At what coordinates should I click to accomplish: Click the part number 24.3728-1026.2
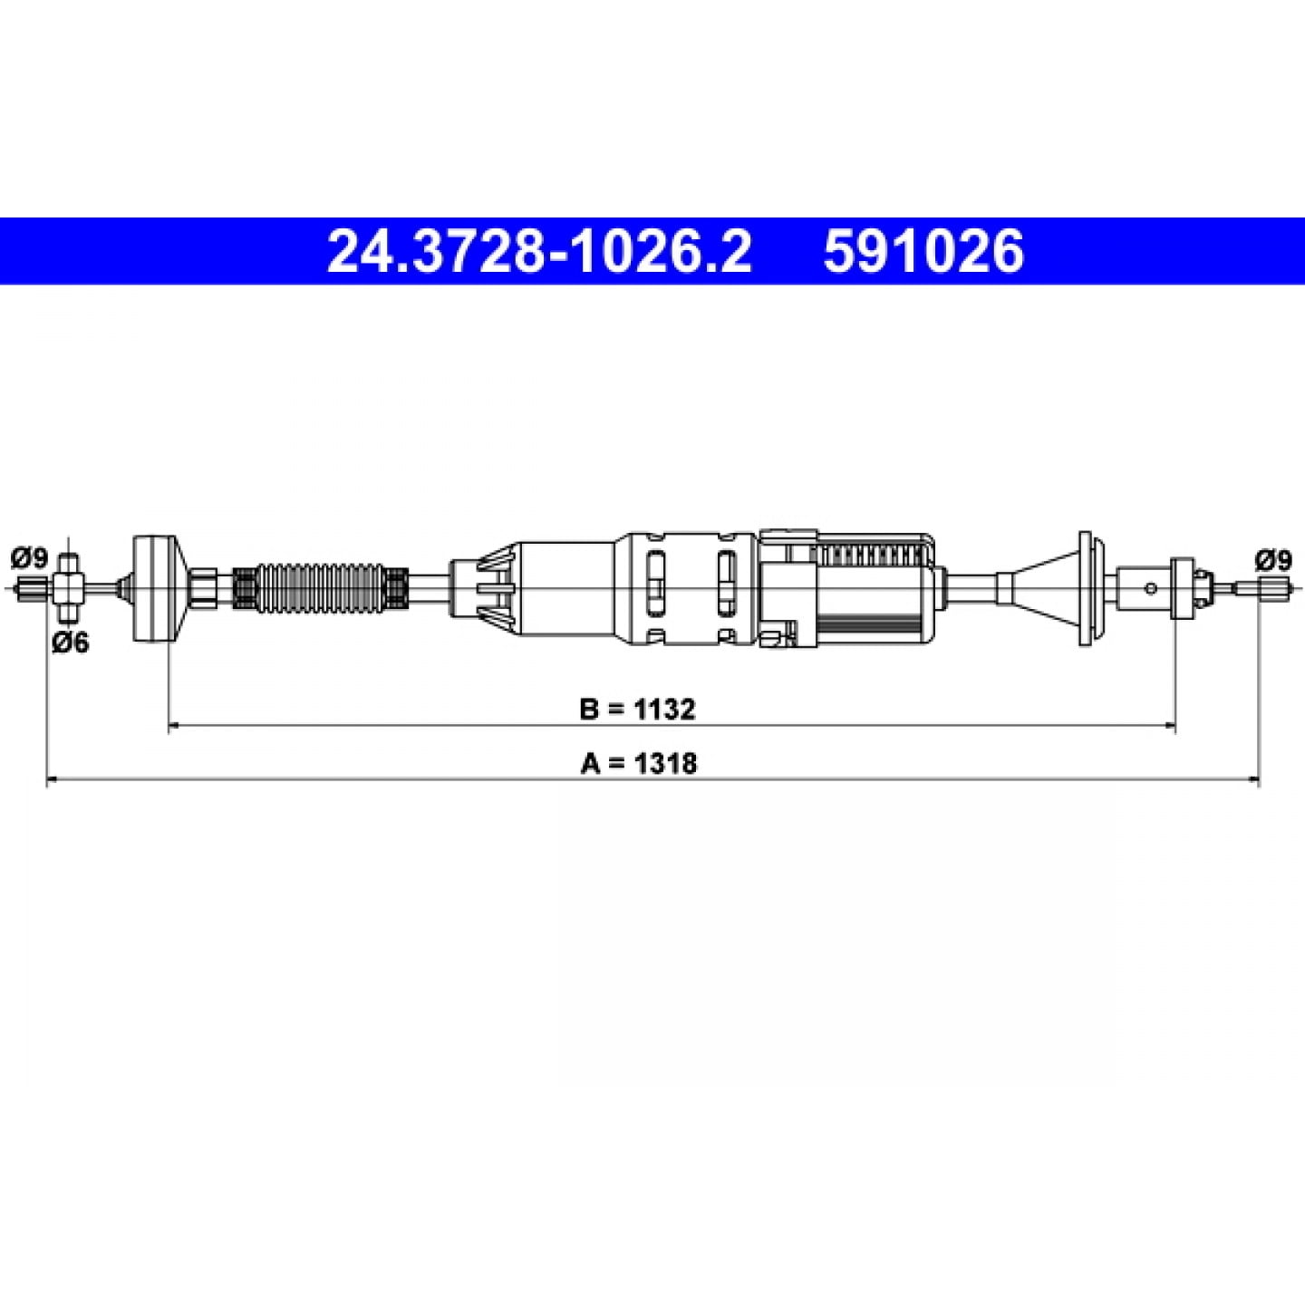click(539, 251)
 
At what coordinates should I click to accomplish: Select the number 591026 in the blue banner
click(923, 251)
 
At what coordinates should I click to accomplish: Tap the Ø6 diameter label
click(71, 642)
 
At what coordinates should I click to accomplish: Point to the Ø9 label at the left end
click(30, 559)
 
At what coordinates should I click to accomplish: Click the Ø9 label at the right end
click(1273, 560)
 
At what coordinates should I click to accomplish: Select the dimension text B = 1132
click(637, 709)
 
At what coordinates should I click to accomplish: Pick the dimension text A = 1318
click(638, 763)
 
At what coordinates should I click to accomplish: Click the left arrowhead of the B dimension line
click(173, 726)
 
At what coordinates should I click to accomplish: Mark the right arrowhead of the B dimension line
click(1168, 726)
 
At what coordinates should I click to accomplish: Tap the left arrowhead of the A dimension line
click(53, 780)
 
